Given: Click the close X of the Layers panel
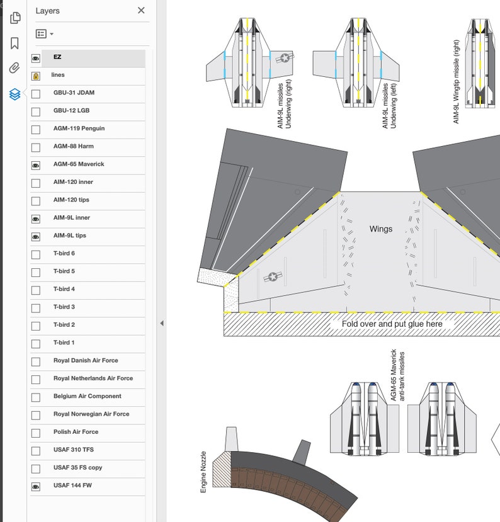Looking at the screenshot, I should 141,10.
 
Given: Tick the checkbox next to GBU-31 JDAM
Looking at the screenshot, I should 36,93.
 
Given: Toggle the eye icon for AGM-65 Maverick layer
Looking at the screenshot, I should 36,165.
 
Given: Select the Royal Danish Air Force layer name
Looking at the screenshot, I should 86,361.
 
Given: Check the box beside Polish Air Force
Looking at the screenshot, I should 36,433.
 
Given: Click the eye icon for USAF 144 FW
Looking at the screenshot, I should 36,486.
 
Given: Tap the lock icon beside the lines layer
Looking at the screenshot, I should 36,76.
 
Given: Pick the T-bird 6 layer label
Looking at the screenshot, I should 64,254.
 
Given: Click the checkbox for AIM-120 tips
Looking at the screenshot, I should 36,200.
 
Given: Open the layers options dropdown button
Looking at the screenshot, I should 44,33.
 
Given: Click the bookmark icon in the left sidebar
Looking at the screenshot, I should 14,43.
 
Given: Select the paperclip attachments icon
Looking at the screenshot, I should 14,68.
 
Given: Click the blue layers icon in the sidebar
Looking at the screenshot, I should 14,94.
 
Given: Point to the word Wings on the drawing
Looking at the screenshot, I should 380,229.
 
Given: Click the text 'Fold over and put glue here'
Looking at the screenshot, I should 392,324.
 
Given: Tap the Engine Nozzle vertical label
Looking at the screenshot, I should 203,472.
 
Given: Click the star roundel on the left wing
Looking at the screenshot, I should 273,276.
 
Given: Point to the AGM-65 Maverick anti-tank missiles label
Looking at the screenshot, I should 397,375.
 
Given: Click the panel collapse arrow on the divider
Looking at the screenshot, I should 161,323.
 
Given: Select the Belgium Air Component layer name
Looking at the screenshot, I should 88,397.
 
